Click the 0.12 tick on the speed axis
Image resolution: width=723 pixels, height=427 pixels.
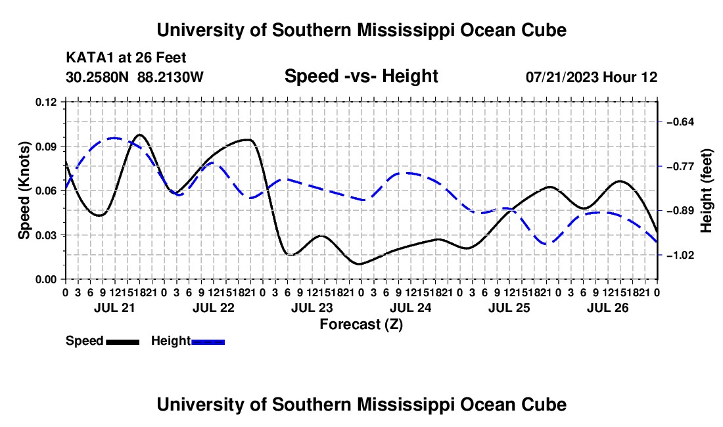tap(45, 102)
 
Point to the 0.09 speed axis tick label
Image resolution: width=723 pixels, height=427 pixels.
tap(45, 146)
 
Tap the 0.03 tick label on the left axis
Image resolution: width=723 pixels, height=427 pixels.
tap(45, 235)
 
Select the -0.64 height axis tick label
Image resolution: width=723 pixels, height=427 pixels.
tap(680, 122)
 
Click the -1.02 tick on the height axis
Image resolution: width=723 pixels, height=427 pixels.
tap(680, 255)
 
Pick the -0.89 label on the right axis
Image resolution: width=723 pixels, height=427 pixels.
tap(680, 211)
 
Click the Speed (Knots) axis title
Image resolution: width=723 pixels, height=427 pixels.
tap(24, 191)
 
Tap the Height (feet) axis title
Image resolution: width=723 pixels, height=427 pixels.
tap(707, 191)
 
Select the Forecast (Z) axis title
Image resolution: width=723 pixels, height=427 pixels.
tap(361, 325)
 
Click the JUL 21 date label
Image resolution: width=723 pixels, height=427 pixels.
tap(114, 307)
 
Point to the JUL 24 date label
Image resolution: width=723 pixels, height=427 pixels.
tap(410, 307)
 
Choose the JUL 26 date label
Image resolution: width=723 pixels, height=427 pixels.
tap(608, 307)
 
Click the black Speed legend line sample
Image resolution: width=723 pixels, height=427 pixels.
tap(123, 342)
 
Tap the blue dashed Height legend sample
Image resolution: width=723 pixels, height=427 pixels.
tap(208, 342)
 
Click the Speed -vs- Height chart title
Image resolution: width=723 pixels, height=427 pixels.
tap(361, 76)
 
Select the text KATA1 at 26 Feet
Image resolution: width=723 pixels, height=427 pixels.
tap(126, 58)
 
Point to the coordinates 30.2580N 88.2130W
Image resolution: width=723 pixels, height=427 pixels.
tap(134, 77)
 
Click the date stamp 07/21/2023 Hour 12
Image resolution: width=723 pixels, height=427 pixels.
tap(592, 77)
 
